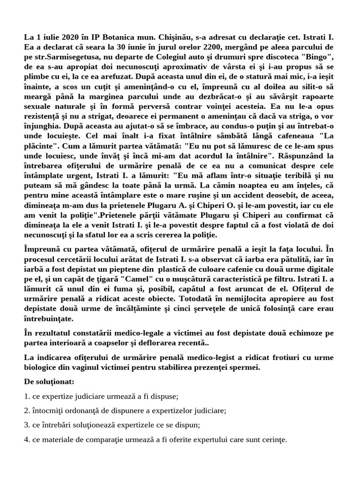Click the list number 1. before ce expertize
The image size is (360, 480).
click(27, 397)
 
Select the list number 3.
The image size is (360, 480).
click(27, 425)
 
